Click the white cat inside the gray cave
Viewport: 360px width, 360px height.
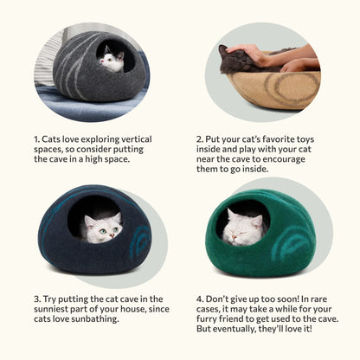point(110,60)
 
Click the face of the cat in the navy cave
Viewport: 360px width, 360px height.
point(103,229)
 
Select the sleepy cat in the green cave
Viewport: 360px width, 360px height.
point(243,228)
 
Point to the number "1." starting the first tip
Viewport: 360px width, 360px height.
point(37,138)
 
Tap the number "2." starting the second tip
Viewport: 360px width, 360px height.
point(198,138)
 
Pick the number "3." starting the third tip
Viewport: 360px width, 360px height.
point(37,298)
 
